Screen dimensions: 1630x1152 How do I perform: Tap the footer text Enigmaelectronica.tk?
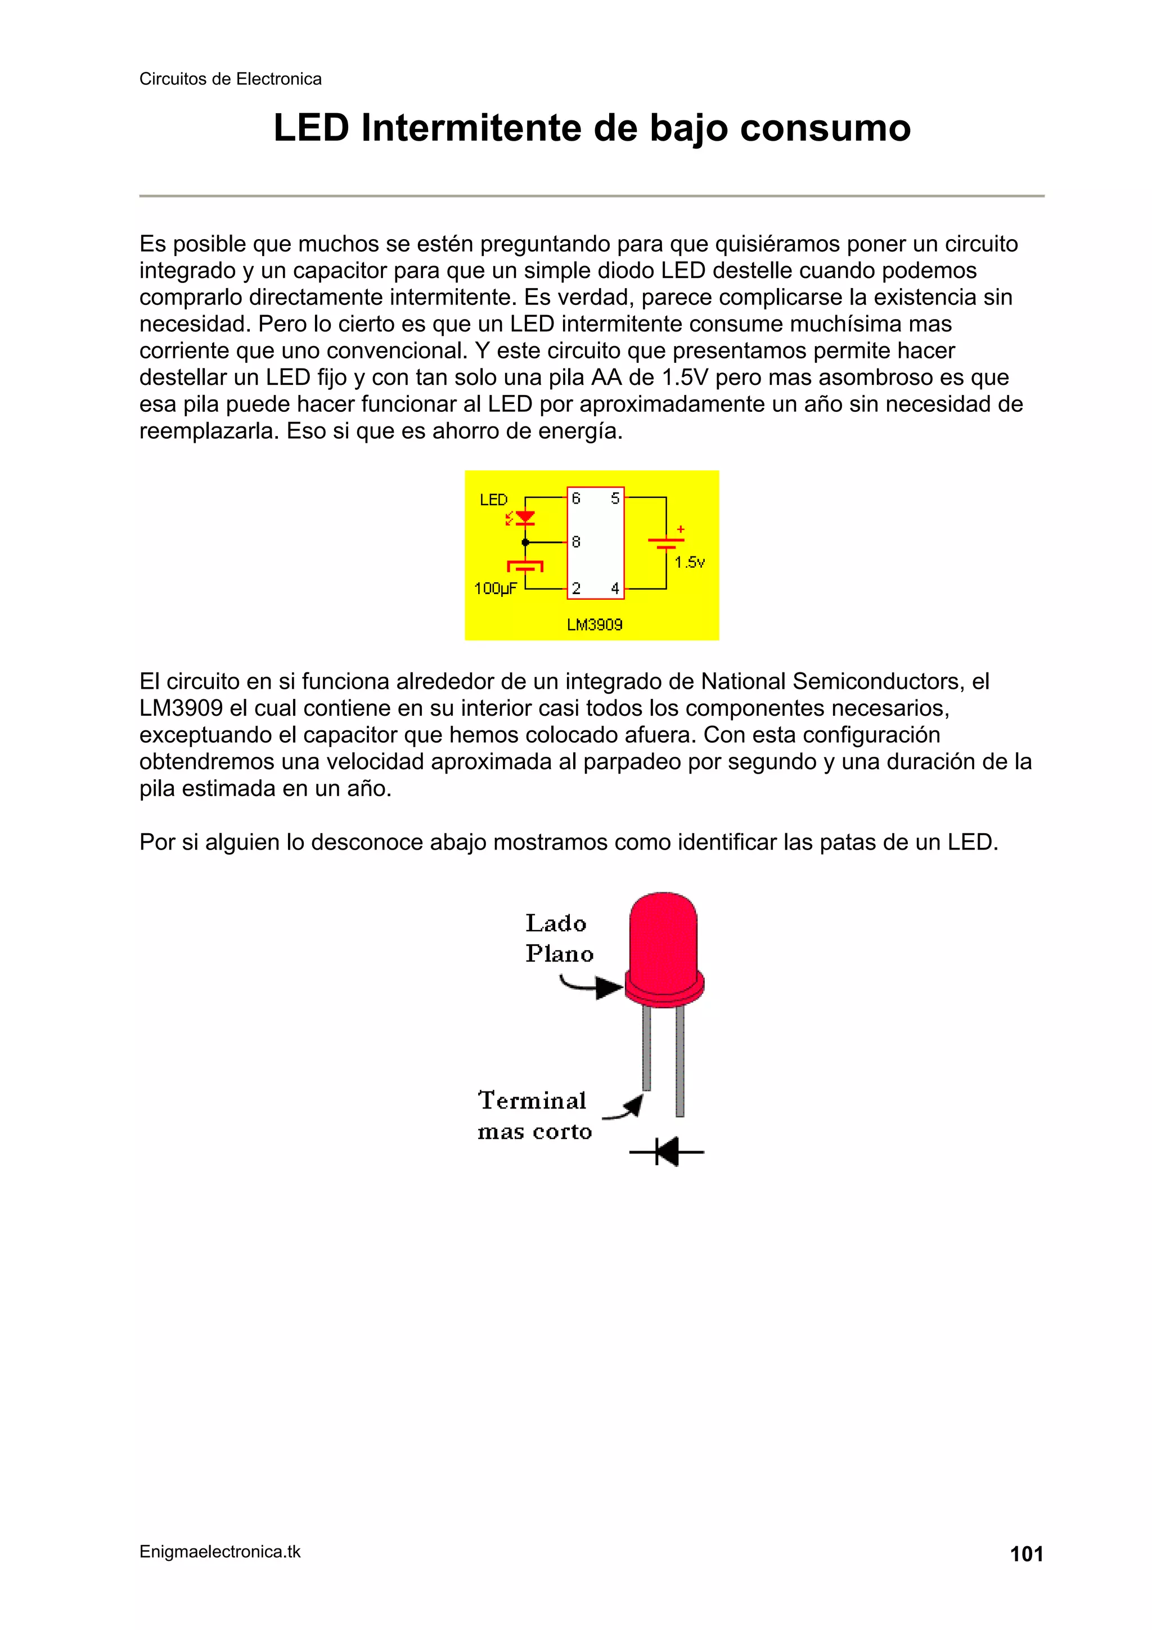point(219,1551)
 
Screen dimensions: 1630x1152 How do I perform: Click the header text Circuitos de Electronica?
point(230,79)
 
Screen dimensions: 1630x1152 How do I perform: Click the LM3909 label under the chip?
point(594,625)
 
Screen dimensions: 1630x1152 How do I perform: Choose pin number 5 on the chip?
point(615,499)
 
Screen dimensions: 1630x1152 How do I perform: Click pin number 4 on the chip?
point(615,588)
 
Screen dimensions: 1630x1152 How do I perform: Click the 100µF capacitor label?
point(495,588)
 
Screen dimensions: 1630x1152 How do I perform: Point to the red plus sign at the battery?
point(680,529)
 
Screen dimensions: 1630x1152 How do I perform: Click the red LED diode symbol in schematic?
point(525,518)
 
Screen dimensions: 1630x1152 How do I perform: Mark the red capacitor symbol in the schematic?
point(525,566)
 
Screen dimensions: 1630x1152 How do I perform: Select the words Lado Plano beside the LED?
point(559,938)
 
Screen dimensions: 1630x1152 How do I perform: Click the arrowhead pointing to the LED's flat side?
point(608,987)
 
